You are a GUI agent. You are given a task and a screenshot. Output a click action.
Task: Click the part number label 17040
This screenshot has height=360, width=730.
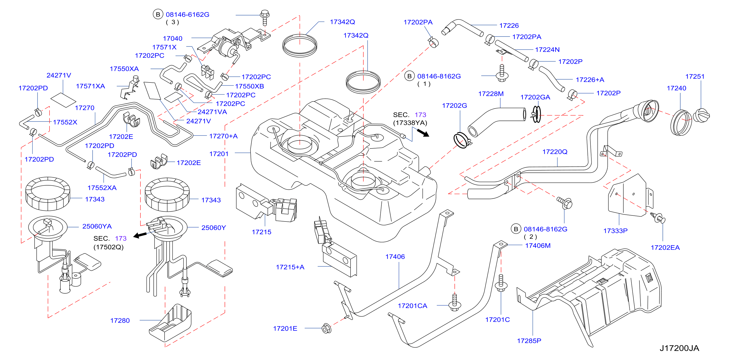(173, 39)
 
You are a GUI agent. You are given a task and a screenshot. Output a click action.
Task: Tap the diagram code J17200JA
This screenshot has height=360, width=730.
(679, 348)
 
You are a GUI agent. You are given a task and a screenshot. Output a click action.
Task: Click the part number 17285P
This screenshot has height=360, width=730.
(529, 341)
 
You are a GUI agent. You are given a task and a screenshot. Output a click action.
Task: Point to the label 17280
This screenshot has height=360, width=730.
(120, 321)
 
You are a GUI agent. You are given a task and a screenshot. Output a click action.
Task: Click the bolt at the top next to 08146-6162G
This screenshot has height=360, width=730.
(265, 17)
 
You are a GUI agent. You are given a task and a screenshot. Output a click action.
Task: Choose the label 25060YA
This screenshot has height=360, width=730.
(97, 226)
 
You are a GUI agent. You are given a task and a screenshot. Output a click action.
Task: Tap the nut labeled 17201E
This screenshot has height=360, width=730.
(327, 328)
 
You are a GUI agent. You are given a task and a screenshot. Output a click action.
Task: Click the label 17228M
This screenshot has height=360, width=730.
(491, 94)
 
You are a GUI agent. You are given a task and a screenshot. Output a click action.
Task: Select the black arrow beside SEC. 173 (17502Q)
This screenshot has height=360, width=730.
(140, 235)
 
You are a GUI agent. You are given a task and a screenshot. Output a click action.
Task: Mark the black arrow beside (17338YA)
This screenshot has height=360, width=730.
(423, 132)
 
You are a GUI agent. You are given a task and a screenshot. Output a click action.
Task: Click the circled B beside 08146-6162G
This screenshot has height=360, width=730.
(158, 14)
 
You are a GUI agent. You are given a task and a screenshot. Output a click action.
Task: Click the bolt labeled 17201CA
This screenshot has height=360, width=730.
(454, 303)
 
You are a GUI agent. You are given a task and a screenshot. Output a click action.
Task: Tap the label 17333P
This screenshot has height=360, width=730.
(615, 231)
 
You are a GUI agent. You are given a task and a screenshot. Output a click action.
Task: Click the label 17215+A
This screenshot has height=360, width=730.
(290, 267)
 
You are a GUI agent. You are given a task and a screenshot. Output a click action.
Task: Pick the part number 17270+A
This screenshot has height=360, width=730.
(223, 136)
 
